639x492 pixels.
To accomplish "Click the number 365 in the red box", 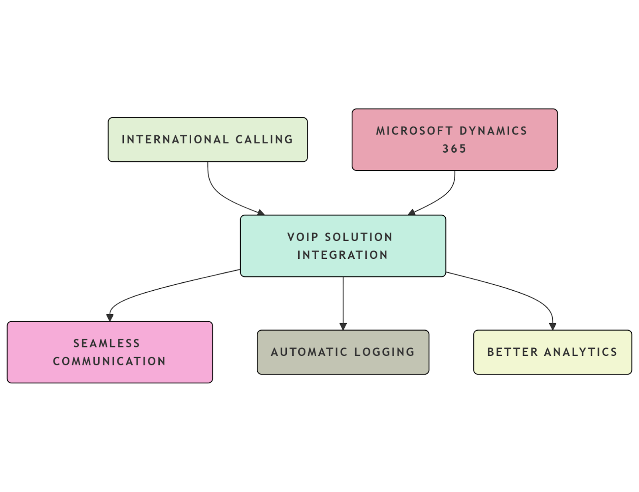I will [x=454, y=149].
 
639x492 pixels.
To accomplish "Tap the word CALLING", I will [x=264, y=139].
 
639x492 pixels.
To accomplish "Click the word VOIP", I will [x=303, y=237].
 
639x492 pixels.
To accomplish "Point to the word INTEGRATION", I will [x=343, y=255].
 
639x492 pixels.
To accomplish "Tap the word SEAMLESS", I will [x=107, y=343].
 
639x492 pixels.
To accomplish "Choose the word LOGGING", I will [x=385, y=352].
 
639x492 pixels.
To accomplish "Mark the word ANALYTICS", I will [x=581, y=352].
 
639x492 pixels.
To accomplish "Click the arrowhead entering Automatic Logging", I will [x=343, y=326].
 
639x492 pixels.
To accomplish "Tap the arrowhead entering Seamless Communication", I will [x=110, y=318].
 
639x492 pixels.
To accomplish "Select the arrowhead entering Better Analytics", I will [x=552, y=326].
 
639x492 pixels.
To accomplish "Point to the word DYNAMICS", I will [x=493, y=131].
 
